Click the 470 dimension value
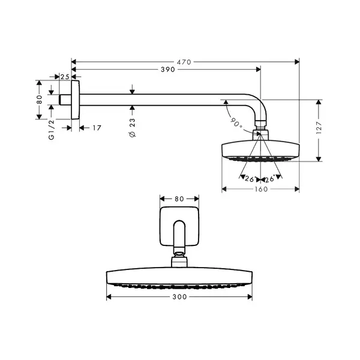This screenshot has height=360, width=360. (x=184, y=62)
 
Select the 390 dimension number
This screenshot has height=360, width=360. (x=168, y=70)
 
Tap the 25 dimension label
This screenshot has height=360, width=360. (x=65, y=77)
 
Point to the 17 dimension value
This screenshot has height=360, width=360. (x=97, y=128)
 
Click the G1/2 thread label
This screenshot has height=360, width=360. (x=52, y=130)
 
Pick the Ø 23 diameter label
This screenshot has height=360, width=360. (x=133, y=128)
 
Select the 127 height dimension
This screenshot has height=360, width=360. (x=319, y=128)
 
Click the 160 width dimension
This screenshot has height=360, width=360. (x=261, y=189)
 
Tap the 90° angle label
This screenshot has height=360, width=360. (x=236, y=123)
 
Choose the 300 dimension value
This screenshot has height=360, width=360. (x=179, y=297)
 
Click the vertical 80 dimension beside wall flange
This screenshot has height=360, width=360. (x=39, y=100)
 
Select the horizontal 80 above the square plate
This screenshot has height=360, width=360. (x=179, y=199)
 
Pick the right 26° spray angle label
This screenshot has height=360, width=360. (x=270, y=179)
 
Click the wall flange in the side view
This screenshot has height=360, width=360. (x=76, y=100)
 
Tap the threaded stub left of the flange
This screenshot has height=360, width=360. (x=65, y=100)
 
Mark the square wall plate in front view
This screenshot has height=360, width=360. (x=179, y=226)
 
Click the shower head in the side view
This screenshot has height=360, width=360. (x=260, y=151)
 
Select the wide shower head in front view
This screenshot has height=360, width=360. (x=179, y=278)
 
